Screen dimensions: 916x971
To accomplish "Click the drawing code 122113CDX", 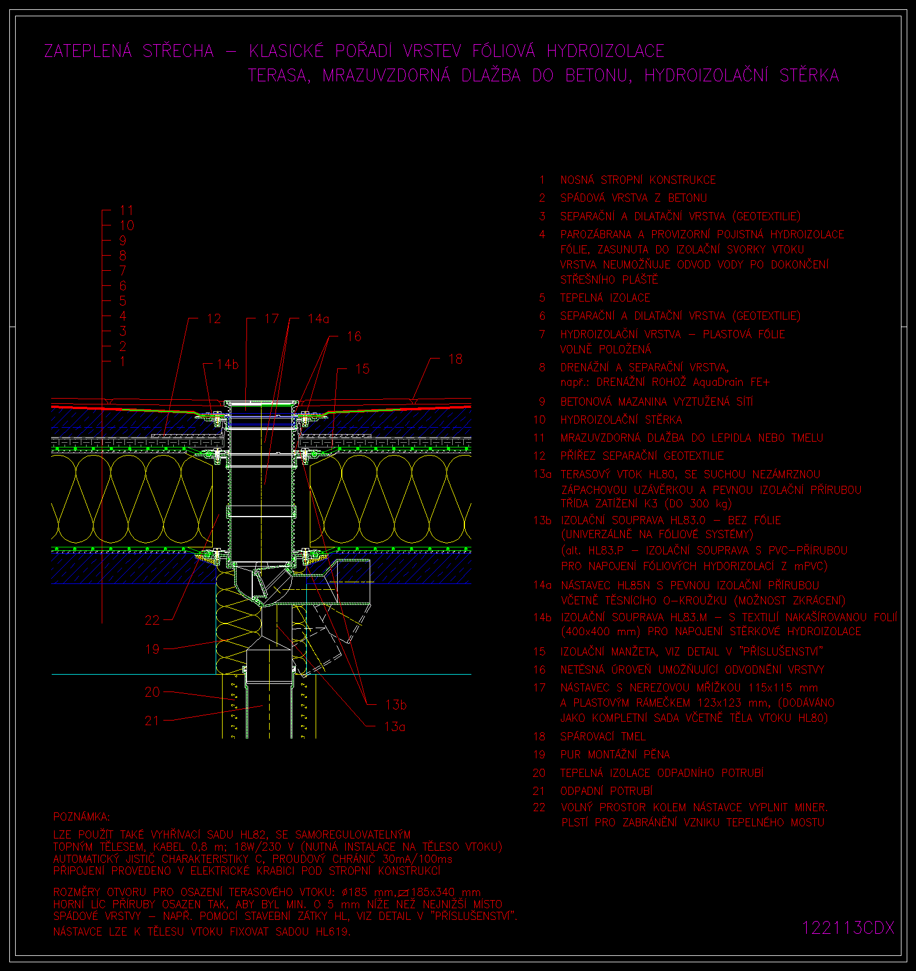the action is coord(848,927).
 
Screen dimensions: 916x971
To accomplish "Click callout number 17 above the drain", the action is coord(271,318).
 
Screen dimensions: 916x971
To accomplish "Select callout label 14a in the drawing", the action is coord(319,318).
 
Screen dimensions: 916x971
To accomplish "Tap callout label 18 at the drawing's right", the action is coord(455,359).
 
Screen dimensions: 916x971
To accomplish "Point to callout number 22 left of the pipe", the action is coord(152,620).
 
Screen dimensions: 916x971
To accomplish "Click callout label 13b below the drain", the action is coord(396,705).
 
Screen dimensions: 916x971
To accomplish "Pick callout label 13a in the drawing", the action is coord(395,726).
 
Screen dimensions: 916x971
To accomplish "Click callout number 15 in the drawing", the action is coord(362,368).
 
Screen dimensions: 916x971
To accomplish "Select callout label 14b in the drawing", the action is coord(228,364).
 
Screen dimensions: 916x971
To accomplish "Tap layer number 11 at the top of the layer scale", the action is coord(126,210).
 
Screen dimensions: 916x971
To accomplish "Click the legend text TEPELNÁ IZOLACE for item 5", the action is coord(605,298).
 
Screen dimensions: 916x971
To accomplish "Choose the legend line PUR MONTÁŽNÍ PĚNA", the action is coord(615,754).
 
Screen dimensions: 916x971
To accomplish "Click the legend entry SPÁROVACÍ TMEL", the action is coord(603,736).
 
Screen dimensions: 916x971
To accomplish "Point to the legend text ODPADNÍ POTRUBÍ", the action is coord(606,791).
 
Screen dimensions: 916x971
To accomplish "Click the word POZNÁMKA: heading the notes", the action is coord(81,817).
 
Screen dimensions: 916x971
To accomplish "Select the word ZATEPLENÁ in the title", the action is coord(88,51).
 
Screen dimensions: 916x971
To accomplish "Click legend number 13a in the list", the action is coord(542,474).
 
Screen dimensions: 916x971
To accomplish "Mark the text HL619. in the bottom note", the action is coord(333,931).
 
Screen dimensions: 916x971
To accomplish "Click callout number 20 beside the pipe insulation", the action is coord(152,692).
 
